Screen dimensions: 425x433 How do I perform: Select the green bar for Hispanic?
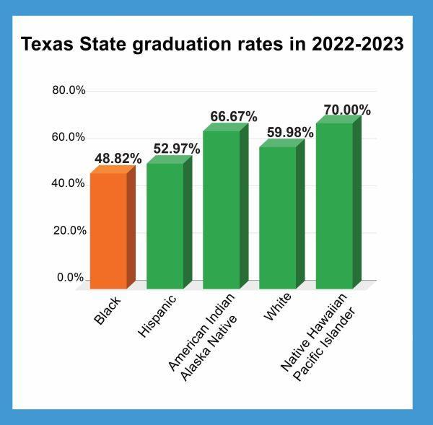165,225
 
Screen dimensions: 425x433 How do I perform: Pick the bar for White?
278,216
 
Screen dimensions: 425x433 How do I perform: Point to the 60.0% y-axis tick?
69,137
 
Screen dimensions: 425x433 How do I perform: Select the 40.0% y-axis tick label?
69,183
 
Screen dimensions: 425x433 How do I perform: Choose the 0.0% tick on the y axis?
71,278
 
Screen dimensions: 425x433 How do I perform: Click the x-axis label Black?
109,309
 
